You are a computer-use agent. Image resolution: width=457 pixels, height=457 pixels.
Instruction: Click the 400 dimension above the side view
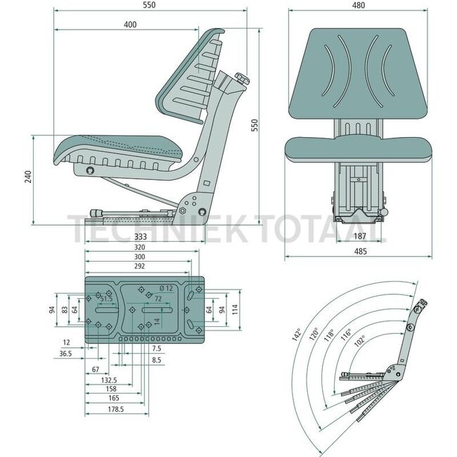[x=129, y=25]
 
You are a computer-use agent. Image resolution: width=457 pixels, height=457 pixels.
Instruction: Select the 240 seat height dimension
[x=28, y=177]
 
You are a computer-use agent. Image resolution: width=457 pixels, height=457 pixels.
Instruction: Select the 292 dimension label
[x=137, y=268]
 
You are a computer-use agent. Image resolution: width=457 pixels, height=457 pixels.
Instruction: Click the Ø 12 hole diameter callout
[x=166, y=288]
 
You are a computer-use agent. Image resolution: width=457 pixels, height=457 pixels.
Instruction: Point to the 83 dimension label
[x=64, y=309]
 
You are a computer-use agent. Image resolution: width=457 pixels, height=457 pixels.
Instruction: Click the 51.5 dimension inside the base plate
[x=105, y=299]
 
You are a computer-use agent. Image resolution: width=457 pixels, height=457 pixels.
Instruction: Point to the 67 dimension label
[x=94, y=368]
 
